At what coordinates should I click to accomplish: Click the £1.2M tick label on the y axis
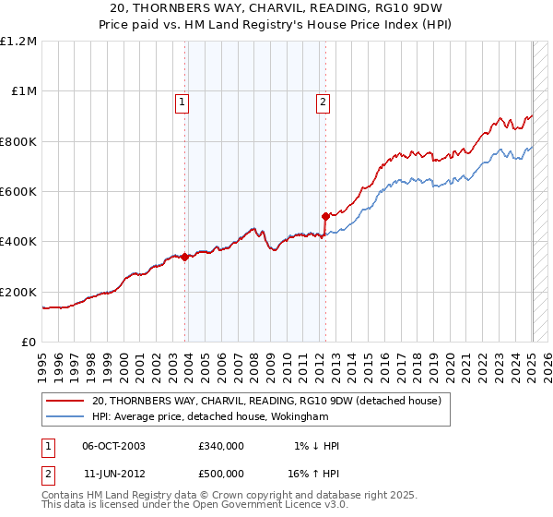tap(18, 41)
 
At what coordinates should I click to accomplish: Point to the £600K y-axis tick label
tap(18, 192)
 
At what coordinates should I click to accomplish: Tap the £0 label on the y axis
tap(29, 343)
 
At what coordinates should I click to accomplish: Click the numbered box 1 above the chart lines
tap(182, 103)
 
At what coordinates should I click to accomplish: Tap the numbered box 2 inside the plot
tap(324, 103)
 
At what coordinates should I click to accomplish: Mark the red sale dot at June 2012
tap(325, 217)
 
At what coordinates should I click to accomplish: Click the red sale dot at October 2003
tap(184, 257)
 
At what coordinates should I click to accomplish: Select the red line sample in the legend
tap(65, 401)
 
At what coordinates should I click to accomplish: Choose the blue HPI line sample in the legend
tap(65, 416)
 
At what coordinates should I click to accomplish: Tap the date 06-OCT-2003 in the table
tap(113, 446)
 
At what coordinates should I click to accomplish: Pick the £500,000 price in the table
tap(221, 473)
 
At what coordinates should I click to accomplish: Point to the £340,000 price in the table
tap(221, 446)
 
